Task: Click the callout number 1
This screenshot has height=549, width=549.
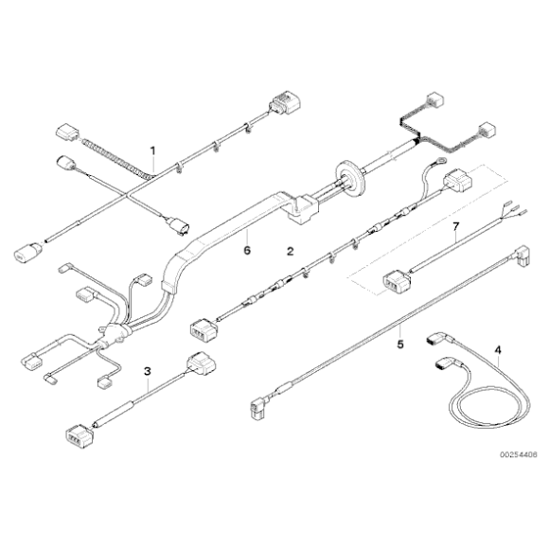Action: click(152, 151)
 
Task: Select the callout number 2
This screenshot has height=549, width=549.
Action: click(290, 251)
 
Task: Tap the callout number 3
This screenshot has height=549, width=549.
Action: click(148, 371)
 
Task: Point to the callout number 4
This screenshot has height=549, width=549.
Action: click(498, 349)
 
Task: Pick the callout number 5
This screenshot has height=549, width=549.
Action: click(400, 345)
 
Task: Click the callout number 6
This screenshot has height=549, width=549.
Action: click(247, 250)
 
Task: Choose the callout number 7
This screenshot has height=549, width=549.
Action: click(455, 226)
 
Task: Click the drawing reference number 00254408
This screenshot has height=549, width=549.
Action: click(518, 454)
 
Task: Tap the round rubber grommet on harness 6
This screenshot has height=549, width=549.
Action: click(351, 176)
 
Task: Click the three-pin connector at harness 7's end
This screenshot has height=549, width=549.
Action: click(396, 281)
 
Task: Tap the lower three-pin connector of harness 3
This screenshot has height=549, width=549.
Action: click(80, 436)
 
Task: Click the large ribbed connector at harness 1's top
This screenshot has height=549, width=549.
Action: click(285, 102)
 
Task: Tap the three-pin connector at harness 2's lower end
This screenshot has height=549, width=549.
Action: click(204, 329)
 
